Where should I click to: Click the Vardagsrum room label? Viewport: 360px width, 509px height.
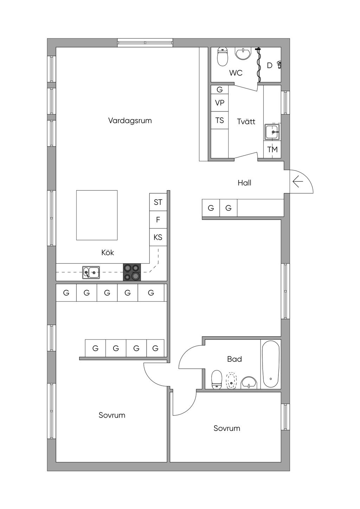130,121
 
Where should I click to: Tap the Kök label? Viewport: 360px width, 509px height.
108,252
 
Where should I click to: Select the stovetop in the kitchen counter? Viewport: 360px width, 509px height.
132,272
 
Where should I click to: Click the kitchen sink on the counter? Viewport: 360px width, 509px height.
91,272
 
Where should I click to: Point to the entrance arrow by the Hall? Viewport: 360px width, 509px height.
298,182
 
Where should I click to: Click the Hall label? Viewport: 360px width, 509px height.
244,183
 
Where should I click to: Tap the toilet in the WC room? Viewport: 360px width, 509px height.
223,57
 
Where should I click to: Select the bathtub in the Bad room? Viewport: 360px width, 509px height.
271,364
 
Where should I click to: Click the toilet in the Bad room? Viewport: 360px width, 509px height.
217,380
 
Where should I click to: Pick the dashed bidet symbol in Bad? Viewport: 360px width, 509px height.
231,381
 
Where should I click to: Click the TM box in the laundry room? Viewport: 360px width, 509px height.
272,149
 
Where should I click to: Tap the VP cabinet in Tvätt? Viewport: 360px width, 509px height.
219,103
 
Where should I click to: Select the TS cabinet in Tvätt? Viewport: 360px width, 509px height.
219,120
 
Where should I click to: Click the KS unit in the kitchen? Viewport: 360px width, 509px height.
158,237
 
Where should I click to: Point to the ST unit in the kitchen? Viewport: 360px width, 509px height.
158,202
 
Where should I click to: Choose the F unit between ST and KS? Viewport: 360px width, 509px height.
158,220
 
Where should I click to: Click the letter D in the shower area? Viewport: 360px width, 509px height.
270,65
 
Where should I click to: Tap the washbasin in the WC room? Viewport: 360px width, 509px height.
243,53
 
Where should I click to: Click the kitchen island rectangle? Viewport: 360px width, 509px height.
97,215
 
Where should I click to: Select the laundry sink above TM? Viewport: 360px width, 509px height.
272,132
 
